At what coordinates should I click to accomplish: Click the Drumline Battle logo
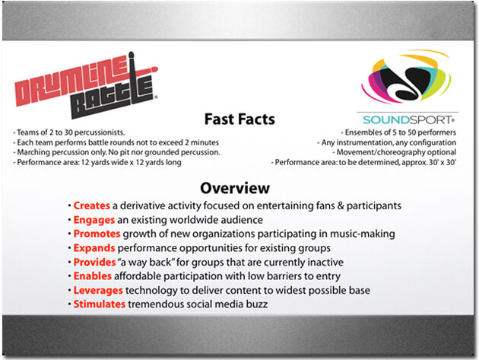[87, 85]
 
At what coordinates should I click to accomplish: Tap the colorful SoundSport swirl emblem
[406, 76]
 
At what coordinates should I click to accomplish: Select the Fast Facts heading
[239, 119]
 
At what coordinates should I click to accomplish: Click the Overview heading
[235, 188]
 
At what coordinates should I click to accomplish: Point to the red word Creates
[92, 205]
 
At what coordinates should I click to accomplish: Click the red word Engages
[94, 220]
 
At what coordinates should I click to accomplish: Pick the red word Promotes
[97, 234]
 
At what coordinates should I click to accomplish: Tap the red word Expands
[94, 248]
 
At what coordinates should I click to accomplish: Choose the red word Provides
[95, 262]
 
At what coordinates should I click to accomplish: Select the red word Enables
[93, 276]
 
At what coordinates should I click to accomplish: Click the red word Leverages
[98, 290]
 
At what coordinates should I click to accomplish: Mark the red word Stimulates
[100, 304]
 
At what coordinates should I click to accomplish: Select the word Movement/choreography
[377, 152]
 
